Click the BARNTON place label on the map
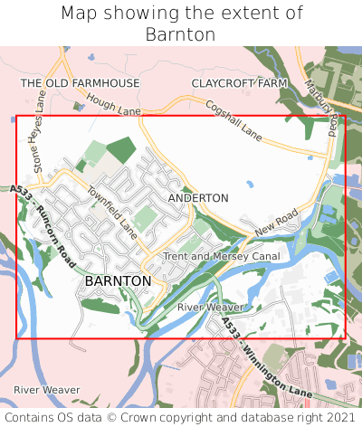point(118,281)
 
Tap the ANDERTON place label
point(198,197)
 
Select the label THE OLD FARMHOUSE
point(81,83)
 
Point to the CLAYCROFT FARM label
point(239,83)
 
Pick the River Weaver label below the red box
point(47,389)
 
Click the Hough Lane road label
point(115,108)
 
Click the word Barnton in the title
point(181,34)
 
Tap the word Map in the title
point(79,14)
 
